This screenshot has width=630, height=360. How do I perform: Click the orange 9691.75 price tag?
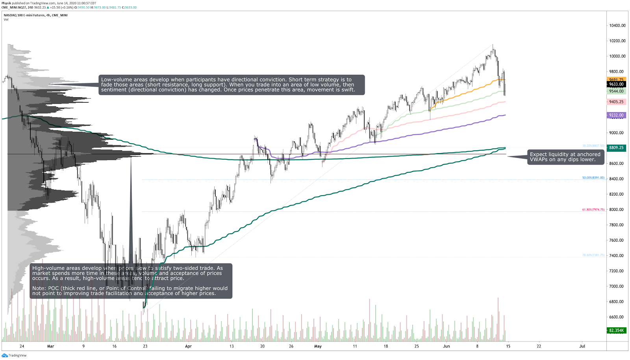[616, 79]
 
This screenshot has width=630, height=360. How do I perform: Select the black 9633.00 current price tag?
[616, 84]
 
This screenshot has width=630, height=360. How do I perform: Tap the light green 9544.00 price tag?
[616, 91]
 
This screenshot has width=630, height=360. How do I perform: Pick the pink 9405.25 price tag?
[616, 102]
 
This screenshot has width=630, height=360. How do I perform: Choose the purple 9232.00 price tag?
[616, 115]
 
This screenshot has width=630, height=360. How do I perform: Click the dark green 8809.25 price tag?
[616, 148]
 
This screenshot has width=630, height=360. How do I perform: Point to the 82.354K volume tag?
[616, 330]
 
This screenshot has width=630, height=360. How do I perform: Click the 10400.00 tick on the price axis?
[617, 26]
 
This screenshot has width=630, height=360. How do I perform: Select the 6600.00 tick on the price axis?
[617, 317]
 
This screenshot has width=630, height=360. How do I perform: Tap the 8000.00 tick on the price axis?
[617, 210]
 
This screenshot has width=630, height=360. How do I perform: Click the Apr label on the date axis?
[188, 346]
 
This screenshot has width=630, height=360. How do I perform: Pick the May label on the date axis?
[318, 346]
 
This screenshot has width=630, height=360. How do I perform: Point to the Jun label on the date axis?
[446, 346]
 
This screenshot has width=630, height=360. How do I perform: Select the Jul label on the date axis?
[582, 346]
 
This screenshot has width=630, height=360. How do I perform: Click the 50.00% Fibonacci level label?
[593, 178]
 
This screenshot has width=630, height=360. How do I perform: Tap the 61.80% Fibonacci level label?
[593, 210]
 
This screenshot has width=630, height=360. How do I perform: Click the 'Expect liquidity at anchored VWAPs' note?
[565, 157]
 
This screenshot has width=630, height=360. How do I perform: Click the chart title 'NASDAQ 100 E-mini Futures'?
[24, 15]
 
